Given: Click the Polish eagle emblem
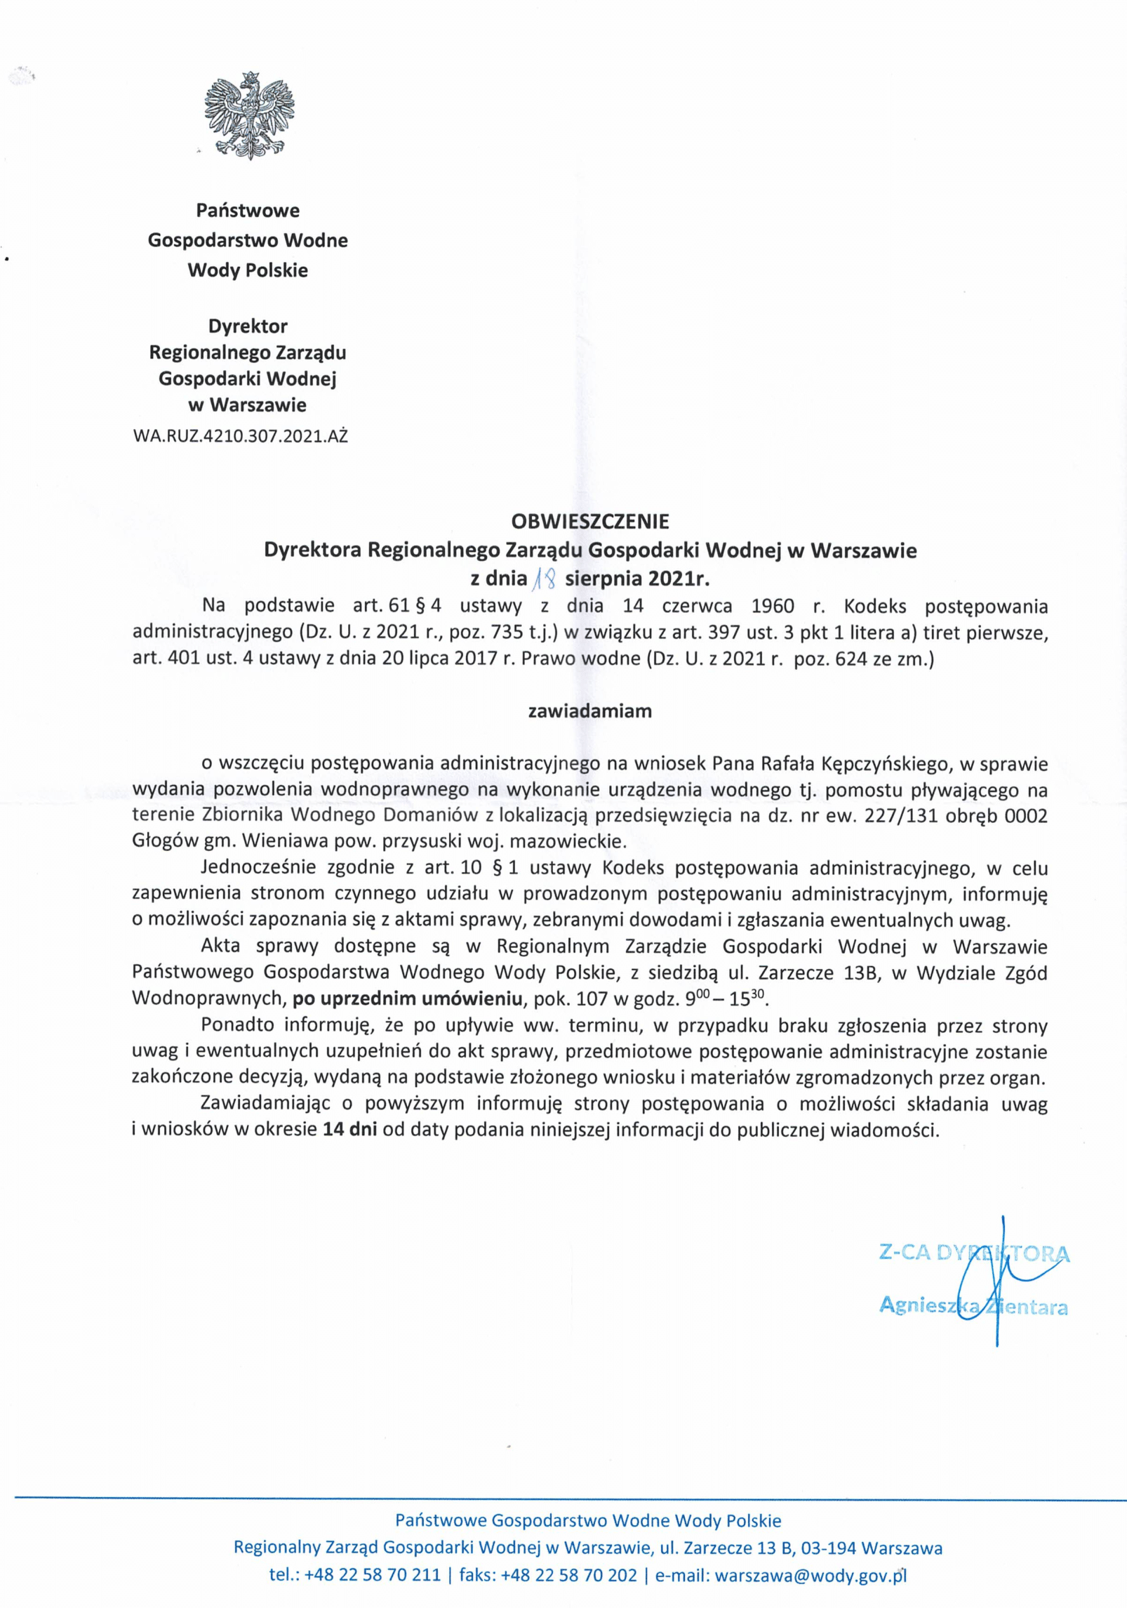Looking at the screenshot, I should pos(249,114).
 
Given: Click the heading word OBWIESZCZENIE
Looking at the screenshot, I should pos(590,521).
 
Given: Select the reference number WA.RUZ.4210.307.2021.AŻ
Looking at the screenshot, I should pos(240,437).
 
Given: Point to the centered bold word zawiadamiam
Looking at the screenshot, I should pos(590,711).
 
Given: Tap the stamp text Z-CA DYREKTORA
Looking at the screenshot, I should pos(974,1254).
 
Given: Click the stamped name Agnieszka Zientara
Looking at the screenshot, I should pos(973,1306).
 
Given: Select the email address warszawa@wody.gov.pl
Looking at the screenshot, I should pos(811,1575).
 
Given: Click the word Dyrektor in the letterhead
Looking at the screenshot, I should pos(248,327).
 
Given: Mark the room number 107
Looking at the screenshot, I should pos(596,999).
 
